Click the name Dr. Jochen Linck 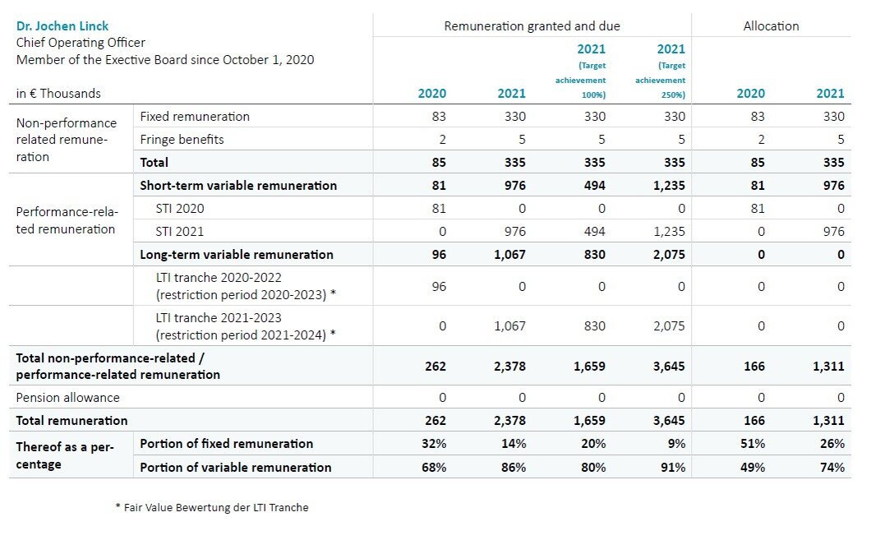62,26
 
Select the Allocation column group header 770,26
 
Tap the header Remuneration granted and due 532,26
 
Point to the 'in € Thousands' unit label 58,94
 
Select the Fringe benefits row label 182,140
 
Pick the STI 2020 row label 180,209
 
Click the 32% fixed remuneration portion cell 435,444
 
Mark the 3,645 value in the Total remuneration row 667,421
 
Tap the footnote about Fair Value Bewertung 211,508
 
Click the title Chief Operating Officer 81,43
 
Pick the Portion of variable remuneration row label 236,468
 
